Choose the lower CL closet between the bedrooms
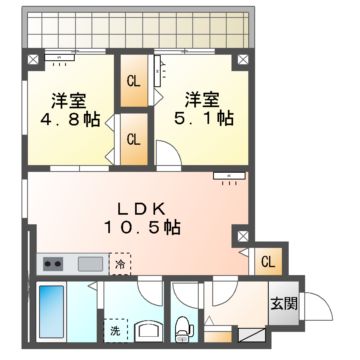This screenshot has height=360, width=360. coord(133,138)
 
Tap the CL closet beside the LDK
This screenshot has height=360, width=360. coord(267,262)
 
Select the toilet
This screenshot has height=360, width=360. coord(184,326)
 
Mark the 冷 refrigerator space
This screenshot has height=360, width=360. coord(120,264)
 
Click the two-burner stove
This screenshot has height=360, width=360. coord(53,264)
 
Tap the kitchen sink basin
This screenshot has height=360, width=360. coord(90,264)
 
